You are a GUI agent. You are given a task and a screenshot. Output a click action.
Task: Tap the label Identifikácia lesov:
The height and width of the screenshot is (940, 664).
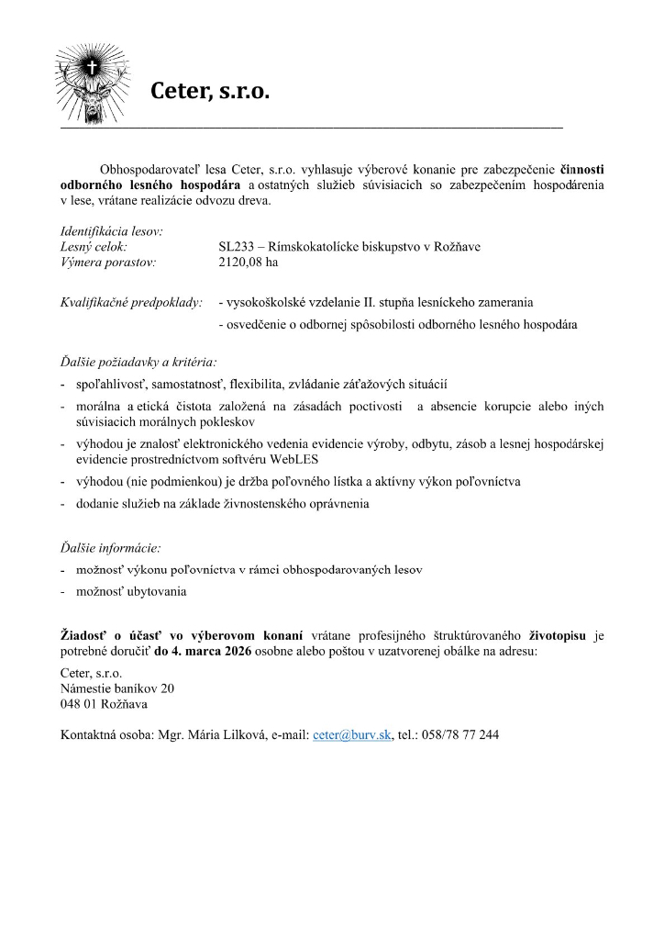point(111,231)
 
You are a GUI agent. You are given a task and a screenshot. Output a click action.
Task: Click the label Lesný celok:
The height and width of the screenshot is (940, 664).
point(94,247)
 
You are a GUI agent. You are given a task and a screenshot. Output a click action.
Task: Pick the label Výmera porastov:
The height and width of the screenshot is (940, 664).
point(108,262)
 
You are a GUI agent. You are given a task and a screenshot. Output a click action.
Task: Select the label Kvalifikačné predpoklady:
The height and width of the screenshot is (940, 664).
point(130,301)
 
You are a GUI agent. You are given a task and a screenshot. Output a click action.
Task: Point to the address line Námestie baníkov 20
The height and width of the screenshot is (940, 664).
point(116,688)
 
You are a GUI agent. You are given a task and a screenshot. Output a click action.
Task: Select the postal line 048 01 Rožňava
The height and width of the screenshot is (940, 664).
point(104,704)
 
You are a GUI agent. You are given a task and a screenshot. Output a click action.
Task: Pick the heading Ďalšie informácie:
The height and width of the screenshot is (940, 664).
point(110,548)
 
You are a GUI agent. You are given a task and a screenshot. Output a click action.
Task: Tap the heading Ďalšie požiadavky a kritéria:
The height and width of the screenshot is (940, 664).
point(138,362)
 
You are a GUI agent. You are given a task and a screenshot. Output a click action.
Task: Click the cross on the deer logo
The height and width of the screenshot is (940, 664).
point(90,67)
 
